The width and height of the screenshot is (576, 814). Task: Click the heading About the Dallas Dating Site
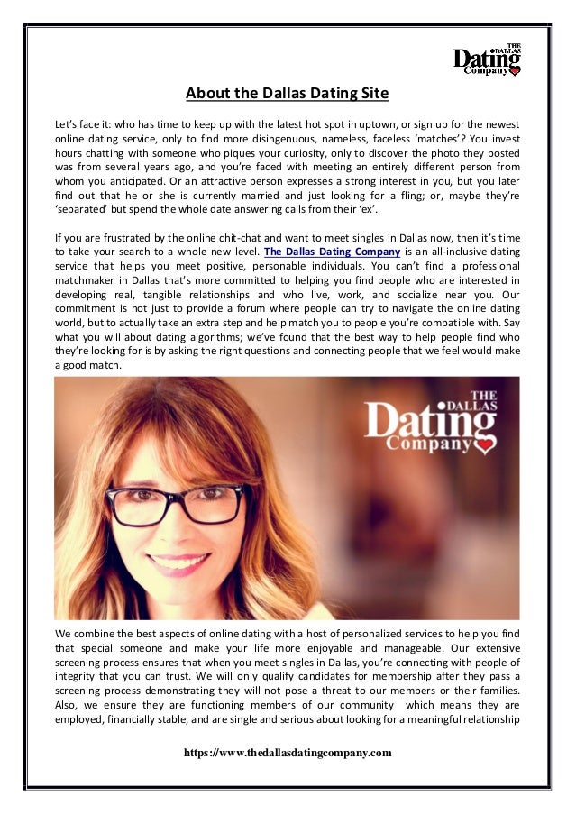[288, 93]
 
